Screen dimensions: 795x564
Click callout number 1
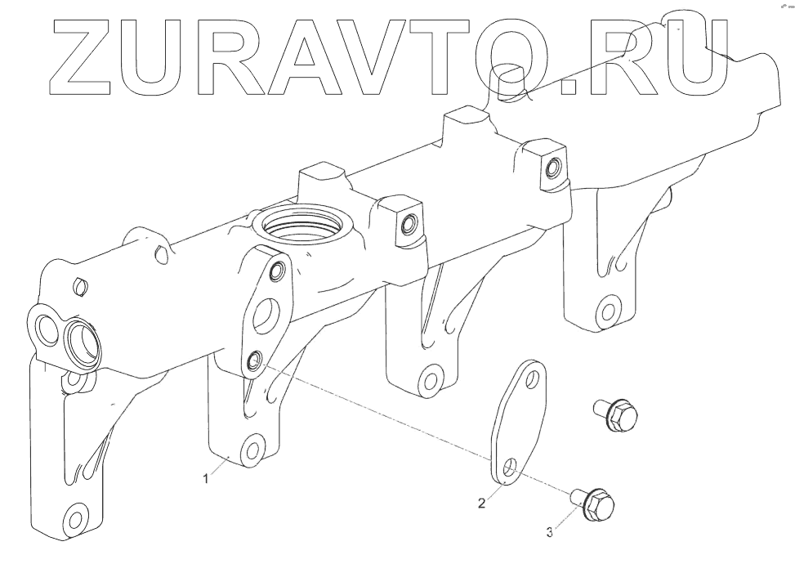click(x=207, y=481)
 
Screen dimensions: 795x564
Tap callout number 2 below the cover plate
click(x=482, y=504)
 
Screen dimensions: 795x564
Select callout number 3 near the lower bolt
click(x=549, y=532)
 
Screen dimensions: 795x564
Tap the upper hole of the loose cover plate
click(x=534, y=378)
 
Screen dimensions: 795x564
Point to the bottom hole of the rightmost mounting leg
click(x=605, y=311)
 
